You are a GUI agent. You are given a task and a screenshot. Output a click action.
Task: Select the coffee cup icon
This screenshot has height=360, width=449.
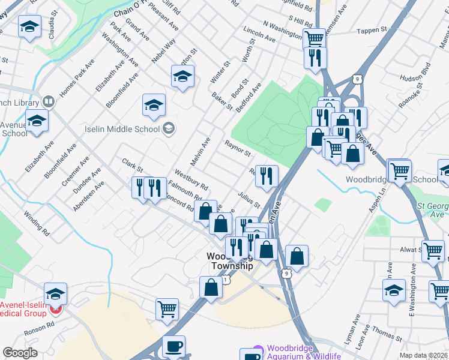[174, 347]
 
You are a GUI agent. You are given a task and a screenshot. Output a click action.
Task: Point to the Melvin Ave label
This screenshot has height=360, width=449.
[200, 151]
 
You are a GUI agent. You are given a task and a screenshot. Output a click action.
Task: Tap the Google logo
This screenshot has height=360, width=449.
[20, 353]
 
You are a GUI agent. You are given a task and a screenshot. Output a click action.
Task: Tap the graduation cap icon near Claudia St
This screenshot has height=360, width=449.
[29, 28]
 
